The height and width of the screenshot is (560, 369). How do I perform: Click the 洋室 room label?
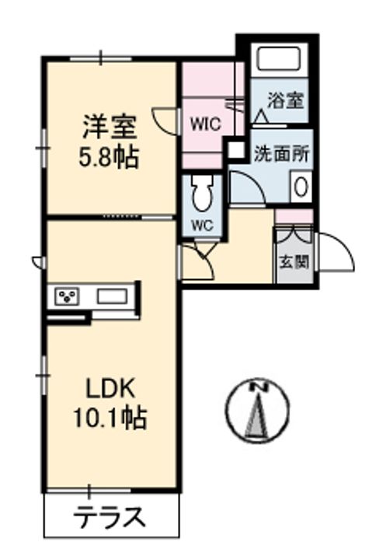click(109, 126)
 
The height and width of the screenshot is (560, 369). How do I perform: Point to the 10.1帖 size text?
click(110, 419)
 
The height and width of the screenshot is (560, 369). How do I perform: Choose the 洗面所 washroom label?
click(282, 152)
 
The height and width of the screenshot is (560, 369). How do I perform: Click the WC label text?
click(204, 228)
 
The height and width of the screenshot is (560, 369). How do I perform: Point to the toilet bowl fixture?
click(204, 193)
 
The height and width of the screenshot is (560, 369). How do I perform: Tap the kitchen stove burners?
click(67, 296)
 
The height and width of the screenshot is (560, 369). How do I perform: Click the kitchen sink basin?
click(114, 296)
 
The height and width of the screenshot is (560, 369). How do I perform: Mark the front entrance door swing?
click(334, 253)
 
